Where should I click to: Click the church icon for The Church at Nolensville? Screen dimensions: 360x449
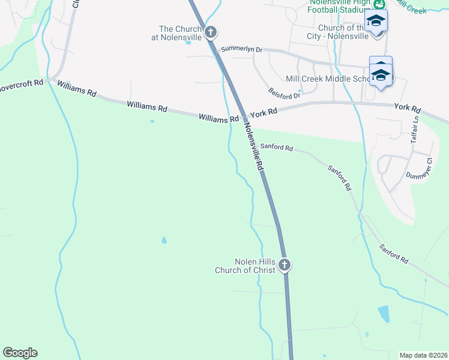click(210, 31)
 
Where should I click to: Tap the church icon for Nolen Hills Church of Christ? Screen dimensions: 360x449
click(285, 265)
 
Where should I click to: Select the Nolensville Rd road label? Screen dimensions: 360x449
click(254, 148)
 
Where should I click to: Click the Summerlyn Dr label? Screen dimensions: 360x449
click(242, 49)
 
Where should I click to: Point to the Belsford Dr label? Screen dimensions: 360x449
click(284, 94)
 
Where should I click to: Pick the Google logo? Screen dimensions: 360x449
click(20, 353)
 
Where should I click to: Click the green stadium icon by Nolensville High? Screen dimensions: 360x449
click(379, 3)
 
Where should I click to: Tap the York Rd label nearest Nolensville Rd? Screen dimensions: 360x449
click(264, 112)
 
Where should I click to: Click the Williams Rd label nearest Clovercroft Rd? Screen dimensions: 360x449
click(77, 91)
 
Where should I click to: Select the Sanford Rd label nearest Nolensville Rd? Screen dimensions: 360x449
click(276, 147)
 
